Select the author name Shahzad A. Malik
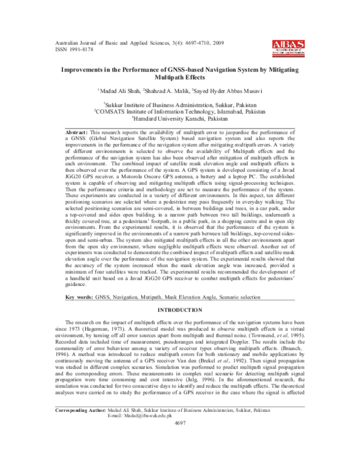(163, 91)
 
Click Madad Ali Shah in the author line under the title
(119, 91)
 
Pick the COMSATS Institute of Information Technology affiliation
(180, 111)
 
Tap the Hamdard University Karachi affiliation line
(180, 119)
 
